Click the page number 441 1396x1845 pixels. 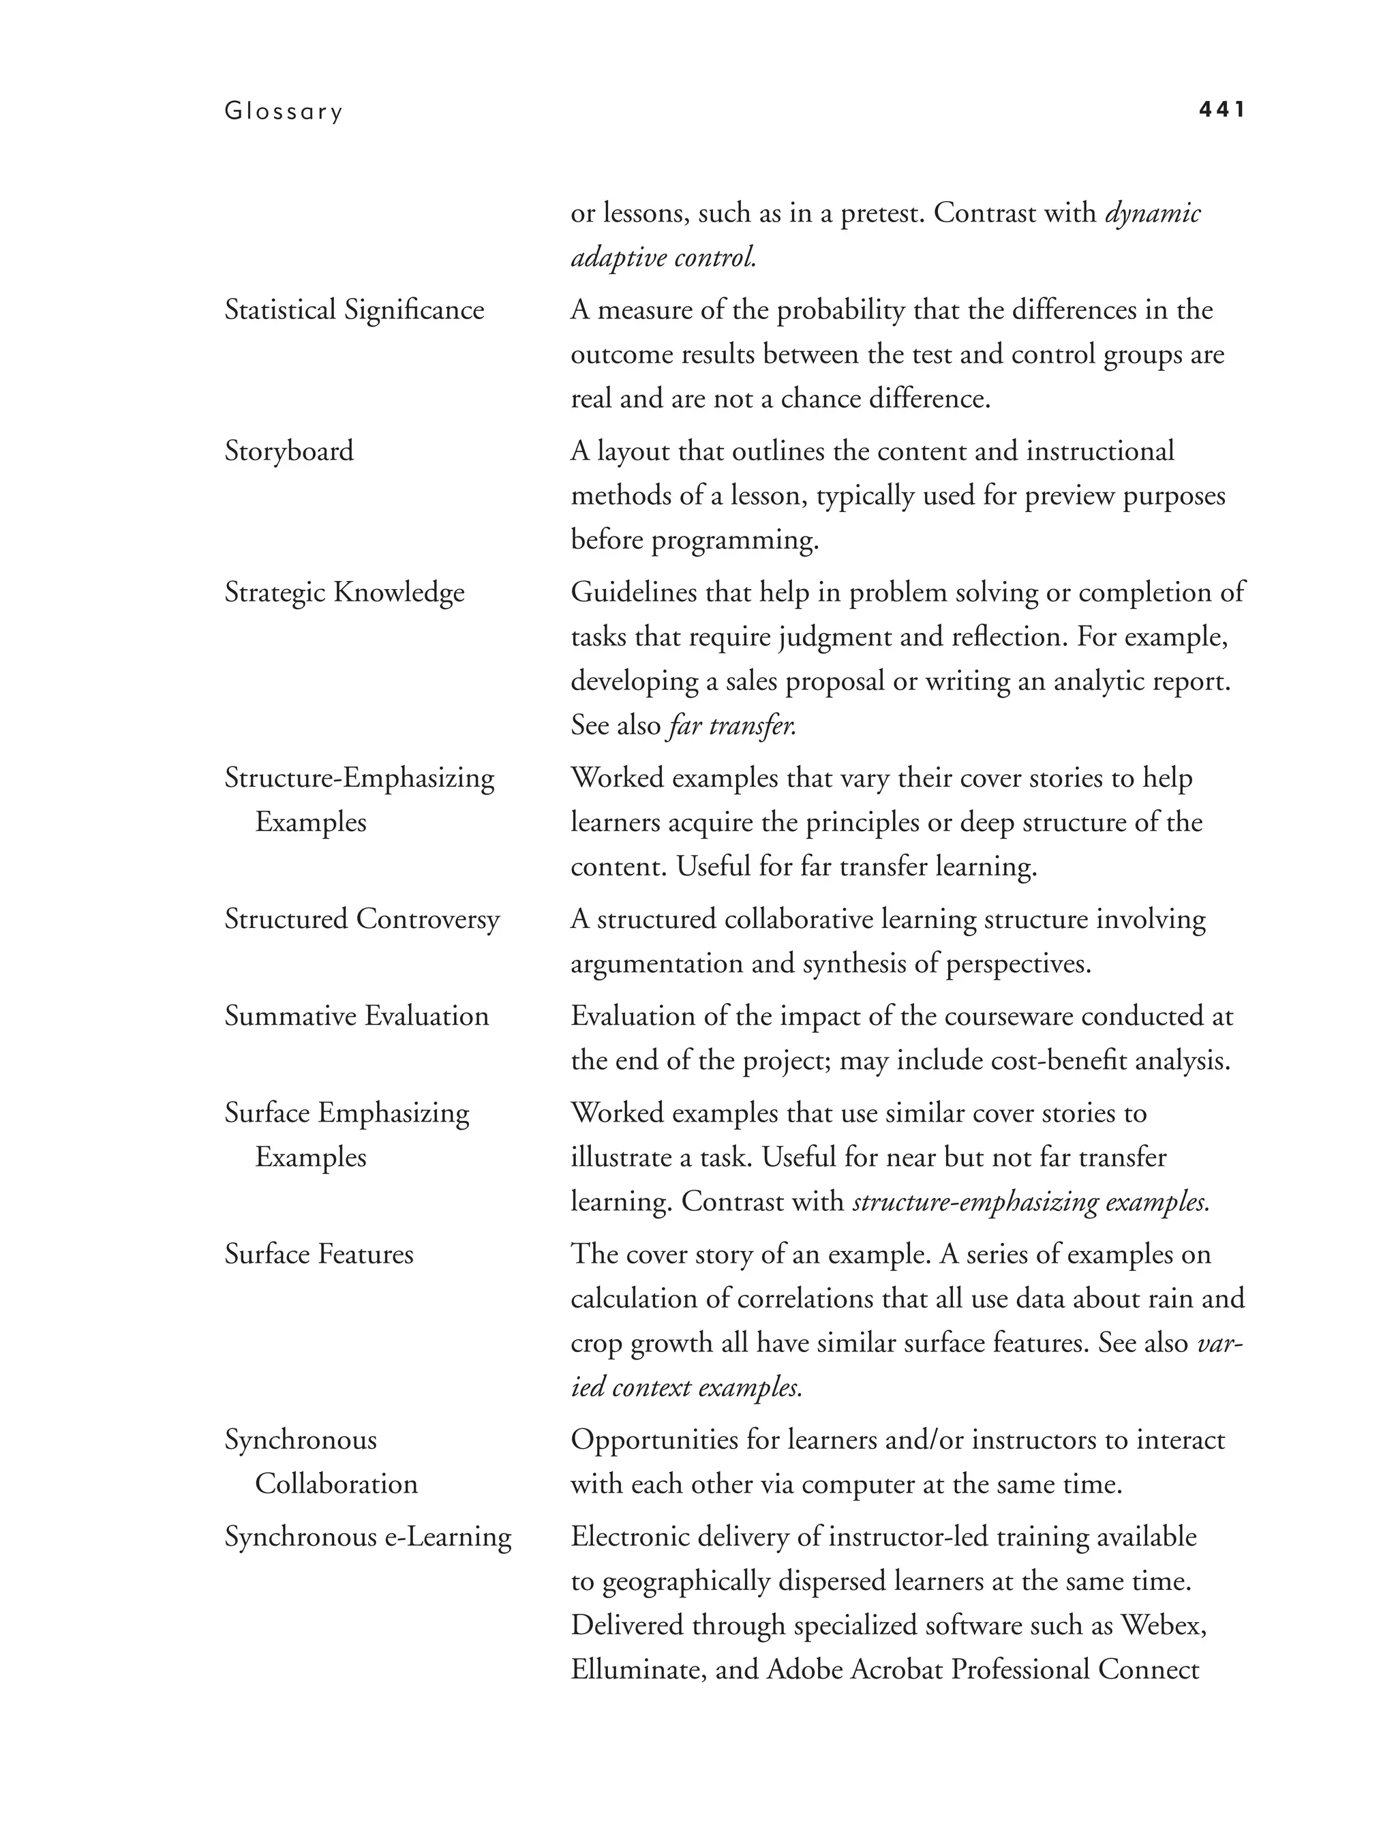pos(1221,109)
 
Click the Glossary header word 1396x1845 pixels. pos(284,112)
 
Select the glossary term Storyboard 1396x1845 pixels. pos(288,451)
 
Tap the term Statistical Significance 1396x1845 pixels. pos(354,310)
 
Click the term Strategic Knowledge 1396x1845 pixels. pos(344,593)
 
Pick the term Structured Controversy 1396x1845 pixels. pos(362,919)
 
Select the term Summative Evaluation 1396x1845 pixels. pos(356,1016)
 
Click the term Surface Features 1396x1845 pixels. pos(318,1255)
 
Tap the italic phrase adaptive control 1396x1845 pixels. pos(664,258)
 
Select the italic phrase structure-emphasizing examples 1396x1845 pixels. pos(1031,1202)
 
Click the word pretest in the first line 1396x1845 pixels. pos(882,213)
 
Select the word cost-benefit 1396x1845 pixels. pos(1048,1061)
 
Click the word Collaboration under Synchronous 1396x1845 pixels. pos(336,1484)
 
